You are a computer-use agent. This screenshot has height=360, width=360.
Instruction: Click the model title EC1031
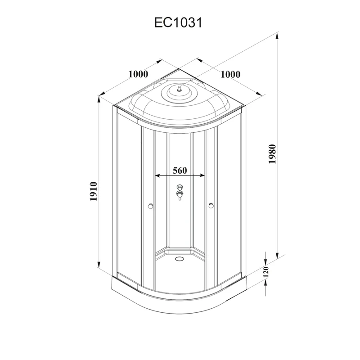click(x=179, y=22)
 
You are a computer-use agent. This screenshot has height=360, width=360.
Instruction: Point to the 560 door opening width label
click(x=180, y=171)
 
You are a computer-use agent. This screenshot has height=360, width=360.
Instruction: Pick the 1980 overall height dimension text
click(x=271, y=154)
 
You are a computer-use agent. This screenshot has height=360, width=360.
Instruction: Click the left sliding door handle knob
click(x=150, y=207)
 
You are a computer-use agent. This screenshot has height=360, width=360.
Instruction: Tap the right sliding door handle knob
click(x=210, y=207)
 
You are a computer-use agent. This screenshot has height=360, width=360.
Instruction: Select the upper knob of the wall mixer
click(x=180, y=187)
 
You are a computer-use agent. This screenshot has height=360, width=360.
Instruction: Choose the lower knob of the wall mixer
click(x=180, y=195)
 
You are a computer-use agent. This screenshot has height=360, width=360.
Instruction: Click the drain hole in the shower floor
click(x=180, y=259)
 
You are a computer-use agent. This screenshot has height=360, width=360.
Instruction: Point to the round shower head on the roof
click(x=179, y=92)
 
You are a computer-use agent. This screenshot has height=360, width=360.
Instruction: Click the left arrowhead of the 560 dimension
click(x=157, y=175)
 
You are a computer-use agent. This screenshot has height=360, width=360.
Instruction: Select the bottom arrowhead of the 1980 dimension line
click(x=276, y=256)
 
